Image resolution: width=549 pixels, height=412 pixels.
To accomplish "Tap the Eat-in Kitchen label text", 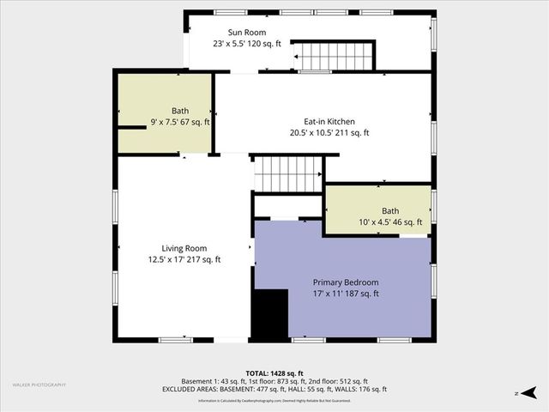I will click(322, 122).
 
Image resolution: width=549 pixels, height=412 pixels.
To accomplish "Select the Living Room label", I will click(184, 248).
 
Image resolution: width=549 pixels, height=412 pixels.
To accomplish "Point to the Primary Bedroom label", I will click(345, 282).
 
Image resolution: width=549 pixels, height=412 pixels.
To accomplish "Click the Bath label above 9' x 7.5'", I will click(179, 111).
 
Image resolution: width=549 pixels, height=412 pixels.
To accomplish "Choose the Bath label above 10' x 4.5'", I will click(390, 211).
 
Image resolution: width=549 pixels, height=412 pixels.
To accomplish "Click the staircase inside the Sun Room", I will click(335, 56).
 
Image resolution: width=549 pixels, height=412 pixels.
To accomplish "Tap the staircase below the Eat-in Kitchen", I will click(287, 174).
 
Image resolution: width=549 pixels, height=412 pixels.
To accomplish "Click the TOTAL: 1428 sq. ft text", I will click(274, 373).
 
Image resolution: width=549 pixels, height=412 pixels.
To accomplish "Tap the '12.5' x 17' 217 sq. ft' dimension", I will click(184, 259).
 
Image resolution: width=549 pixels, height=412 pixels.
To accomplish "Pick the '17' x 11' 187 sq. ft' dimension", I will click(345, 294).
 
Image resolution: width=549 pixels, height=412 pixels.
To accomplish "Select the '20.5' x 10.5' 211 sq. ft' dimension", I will click(329, 133).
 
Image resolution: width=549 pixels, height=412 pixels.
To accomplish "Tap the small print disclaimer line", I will click(274, 400).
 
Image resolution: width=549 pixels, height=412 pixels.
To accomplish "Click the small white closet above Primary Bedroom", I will click(287, 207).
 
